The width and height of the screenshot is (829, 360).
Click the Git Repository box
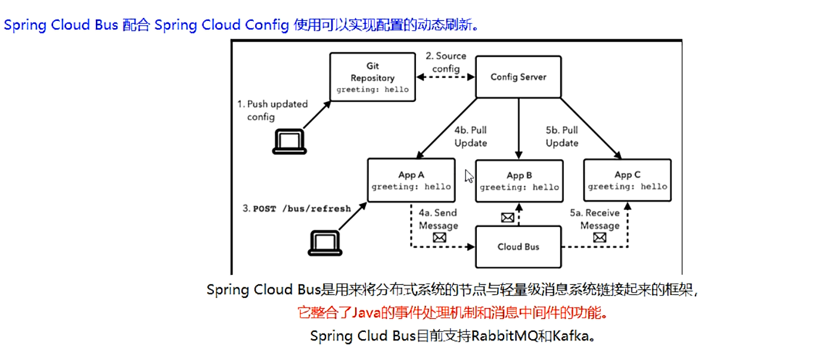coord(372,77)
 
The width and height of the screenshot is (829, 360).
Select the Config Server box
coord(518,77)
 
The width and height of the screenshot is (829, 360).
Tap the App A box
coord(411,181)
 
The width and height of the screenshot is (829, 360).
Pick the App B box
coord(518,181)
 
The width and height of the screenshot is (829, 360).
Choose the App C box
coord(627,181)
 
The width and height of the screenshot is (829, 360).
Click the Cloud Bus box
coord(518,247)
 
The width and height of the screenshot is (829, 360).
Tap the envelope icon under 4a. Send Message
coord(439,238)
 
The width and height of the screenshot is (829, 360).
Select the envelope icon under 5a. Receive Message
coord(600,238)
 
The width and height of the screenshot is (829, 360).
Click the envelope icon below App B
coord(507,218)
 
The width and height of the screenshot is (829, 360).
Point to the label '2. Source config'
coord(446,62)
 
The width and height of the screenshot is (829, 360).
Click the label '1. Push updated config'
coord(272,110)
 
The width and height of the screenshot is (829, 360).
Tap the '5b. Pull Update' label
coord(562,136)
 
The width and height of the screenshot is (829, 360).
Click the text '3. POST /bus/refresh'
coord(296,209)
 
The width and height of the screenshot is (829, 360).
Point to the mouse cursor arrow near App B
coord(469,176)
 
